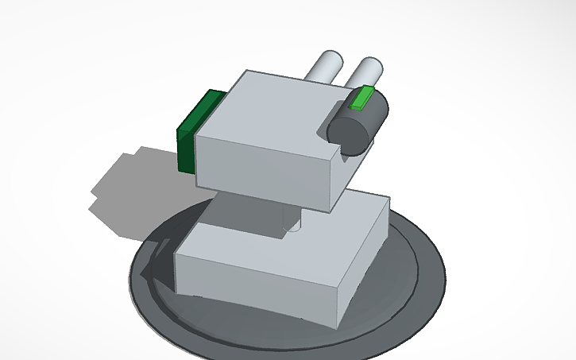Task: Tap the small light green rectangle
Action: (362, 98)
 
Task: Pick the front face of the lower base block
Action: (254, 278)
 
